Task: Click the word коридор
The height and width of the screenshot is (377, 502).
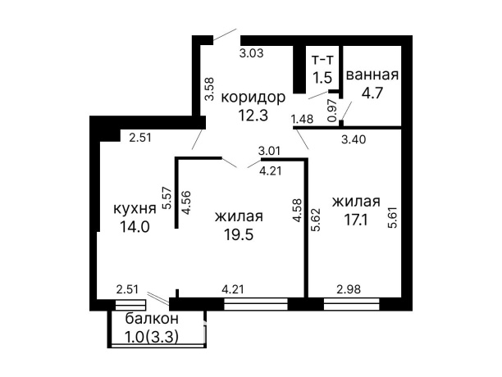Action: [253, 97]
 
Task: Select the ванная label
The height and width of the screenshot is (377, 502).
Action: [372, 75]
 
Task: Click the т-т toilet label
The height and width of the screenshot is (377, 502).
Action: [322, 59]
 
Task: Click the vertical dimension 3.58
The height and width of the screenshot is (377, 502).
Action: [209, 89]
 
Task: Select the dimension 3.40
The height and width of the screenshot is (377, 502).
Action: [354, 140]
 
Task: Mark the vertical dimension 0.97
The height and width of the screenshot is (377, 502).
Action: [333, 111]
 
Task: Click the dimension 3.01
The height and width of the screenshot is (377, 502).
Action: [270, 151]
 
